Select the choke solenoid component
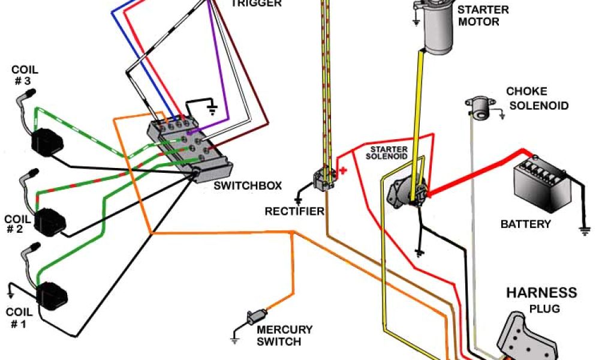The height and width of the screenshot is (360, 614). click(478, 109)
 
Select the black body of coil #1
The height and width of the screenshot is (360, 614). click(52, 296)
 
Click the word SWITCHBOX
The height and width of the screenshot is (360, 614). click(248, 185)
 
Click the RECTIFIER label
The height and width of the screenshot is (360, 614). click(294, 211)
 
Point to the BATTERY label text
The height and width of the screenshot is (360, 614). click(525, 224)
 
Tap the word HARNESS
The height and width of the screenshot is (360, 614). click(541, 293)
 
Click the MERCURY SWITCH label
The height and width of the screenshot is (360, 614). click(284, 335)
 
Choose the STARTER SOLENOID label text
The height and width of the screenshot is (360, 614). click(389, 152)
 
